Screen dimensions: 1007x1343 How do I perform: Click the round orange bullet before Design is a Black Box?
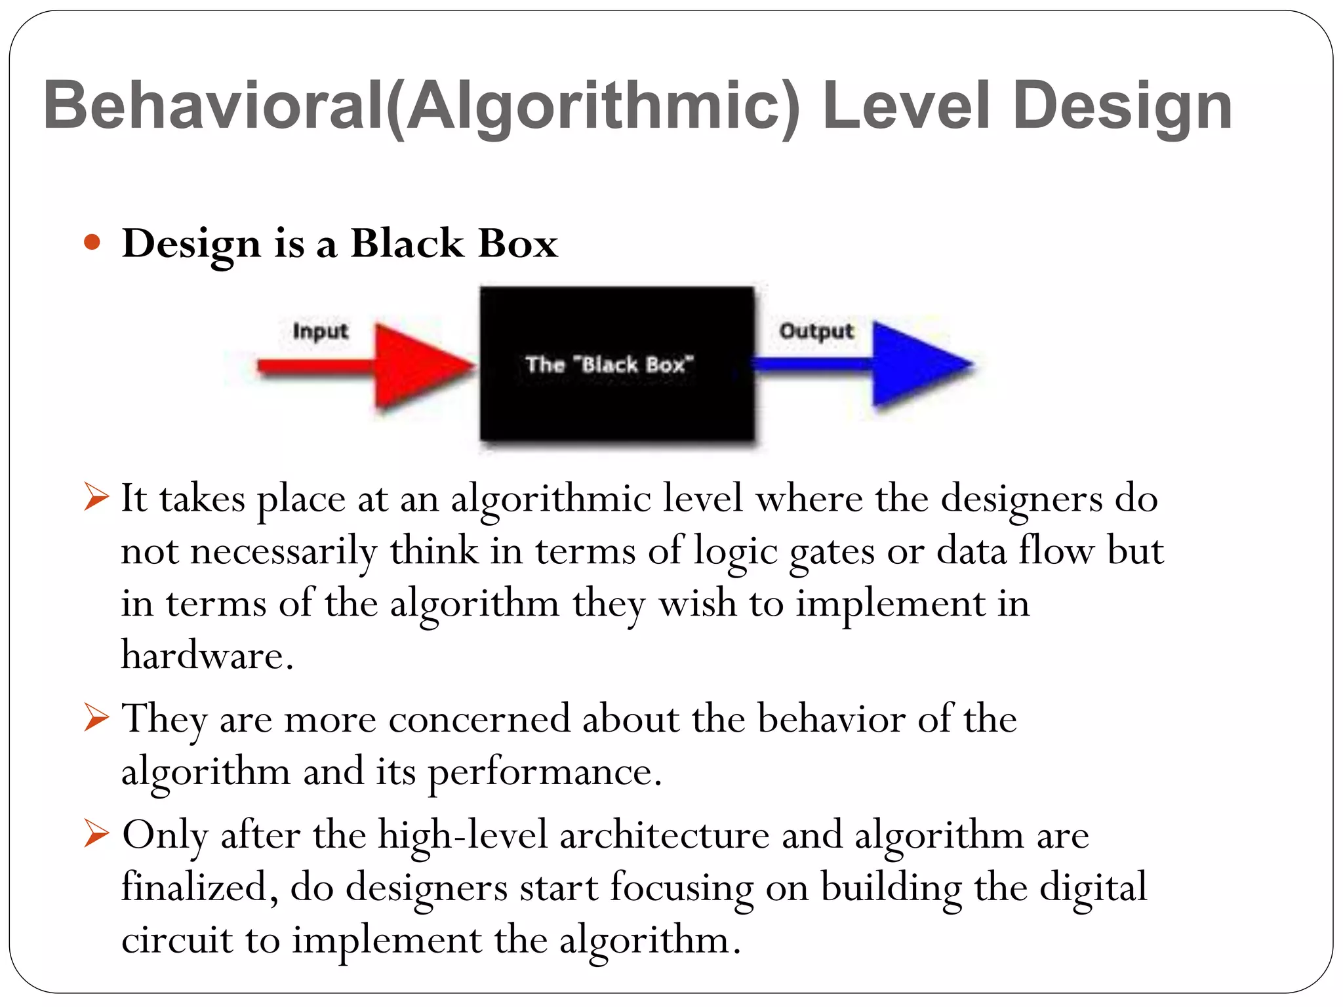92,243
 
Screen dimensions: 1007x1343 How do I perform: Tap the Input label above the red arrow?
320,331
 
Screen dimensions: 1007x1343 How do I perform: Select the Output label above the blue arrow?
816,331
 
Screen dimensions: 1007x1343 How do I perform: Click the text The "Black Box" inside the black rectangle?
609,364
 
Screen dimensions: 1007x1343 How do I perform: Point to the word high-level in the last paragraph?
462,836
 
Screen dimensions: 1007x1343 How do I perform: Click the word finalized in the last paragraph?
194,887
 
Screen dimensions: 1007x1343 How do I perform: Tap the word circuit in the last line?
176,939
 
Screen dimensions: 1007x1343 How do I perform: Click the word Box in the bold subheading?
518,243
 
